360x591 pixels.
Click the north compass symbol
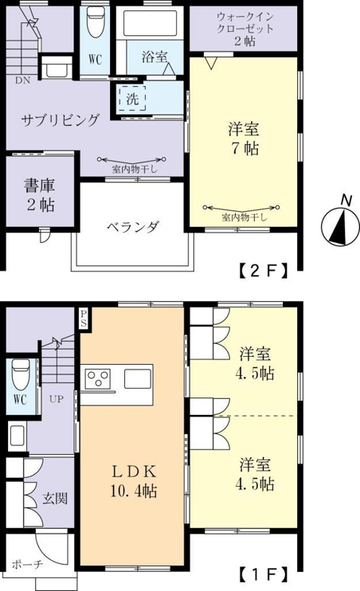pyautogui.click(x=339, y=226)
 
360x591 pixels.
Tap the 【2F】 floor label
pyautogui.click(x=264, y=270)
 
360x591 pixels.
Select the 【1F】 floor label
pyautogui.click(x=264, y=574)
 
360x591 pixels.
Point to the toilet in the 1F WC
pyautogui.click(x=21, y=374)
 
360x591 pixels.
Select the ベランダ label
pyautogui.click(x=133, y=227)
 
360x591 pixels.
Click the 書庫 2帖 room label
pyautogui.click(x=40, y=194)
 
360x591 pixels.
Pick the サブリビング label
pyautogui.click(x=61, y=119)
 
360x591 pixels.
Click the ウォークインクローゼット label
pyautogui.click(x=245, y=29)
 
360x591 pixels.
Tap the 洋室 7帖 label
pyautogui.click(x=244, y=139)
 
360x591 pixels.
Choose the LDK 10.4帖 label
pyautogui.click(x=134, y=481)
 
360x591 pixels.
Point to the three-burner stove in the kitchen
pyautogui.click(x=98, y=378)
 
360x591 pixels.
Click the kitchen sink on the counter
pyautogui.click(x=138, y=378)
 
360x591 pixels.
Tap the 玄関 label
pyautogui.click(x=55, y=499)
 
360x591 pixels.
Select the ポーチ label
pyautogui.click(x=28, y=565)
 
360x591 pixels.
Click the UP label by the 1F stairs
pyautogui.click(x=57, y=399)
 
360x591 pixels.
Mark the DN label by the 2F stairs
pyautogui.click(x=22, y=80)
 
